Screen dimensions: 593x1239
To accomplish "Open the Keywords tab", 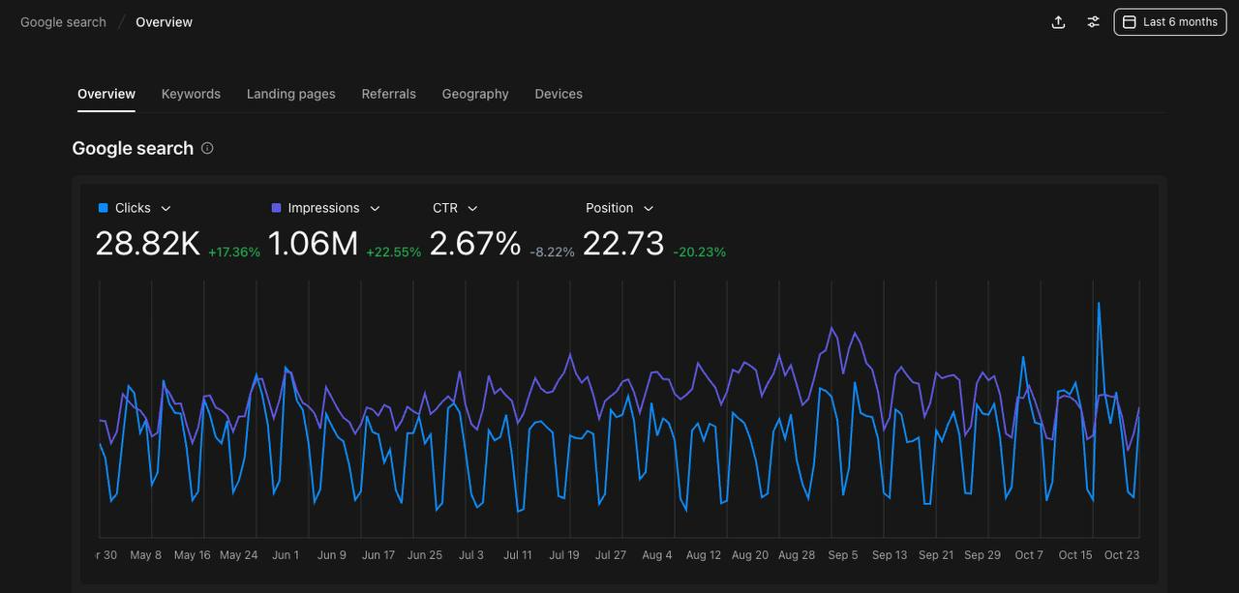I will coord(191,94).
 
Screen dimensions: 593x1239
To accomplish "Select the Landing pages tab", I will coord(290,94).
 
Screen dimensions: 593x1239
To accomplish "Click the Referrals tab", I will coord(388,94).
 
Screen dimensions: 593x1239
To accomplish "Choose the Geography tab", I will coord(474,94).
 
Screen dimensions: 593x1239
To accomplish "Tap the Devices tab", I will coord(559,94).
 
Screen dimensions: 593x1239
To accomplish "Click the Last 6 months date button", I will coord(1169,22).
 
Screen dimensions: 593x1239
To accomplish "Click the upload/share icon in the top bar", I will coord(1058,22).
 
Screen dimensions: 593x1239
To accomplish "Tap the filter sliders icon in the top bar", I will coord(1093,22).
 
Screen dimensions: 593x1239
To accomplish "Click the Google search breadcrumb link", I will coord(63,22).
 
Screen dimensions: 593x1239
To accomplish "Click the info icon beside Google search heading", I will coord(207,148).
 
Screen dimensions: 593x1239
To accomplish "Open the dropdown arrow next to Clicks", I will coord(166,208).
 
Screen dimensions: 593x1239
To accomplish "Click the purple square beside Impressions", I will coord(277,208).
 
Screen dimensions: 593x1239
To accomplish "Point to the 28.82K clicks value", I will coord(147,244).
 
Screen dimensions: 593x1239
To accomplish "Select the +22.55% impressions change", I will coord(393,252).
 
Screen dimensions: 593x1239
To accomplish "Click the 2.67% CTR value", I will coord(474,244).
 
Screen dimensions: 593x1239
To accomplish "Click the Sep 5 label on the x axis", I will coord(843,555).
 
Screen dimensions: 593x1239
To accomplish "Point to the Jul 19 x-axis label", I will coord(563,555).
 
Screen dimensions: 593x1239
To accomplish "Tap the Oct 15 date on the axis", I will coord(1074,555).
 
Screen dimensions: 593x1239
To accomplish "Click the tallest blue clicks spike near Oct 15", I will coord(1099,304).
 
